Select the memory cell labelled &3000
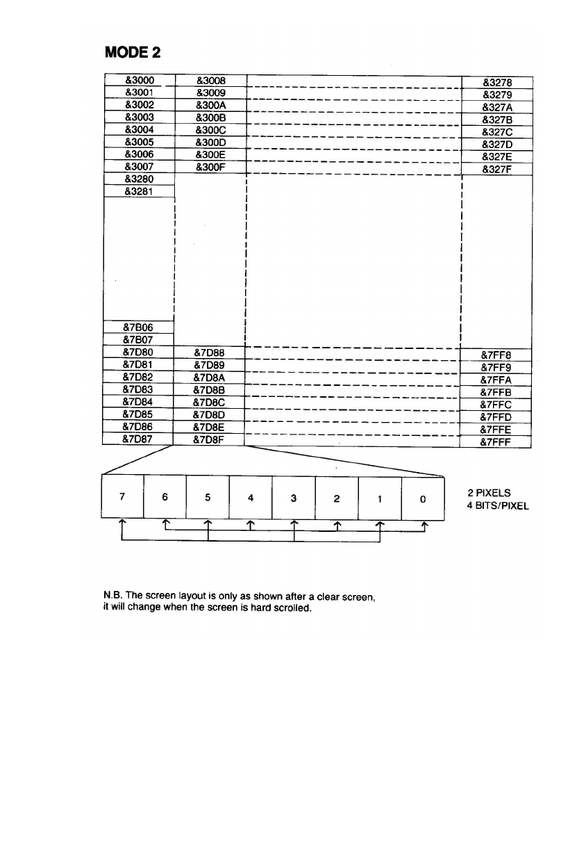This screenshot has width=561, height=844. click(x=139, y=80)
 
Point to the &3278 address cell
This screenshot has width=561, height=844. click(x=496, y=82)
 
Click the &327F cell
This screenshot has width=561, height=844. click(x=496, y=169)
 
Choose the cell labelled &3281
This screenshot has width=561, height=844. click(x=139, y=192)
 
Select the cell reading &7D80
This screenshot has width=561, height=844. click(x=137, y=352)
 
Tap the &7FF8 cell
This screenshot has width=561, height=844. click(x=496, y=355)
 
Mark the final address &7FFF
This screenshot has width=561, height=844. click(x=496, y=442)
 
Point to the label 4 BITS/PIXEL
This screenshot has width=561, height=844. click(x=498, y=505)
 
